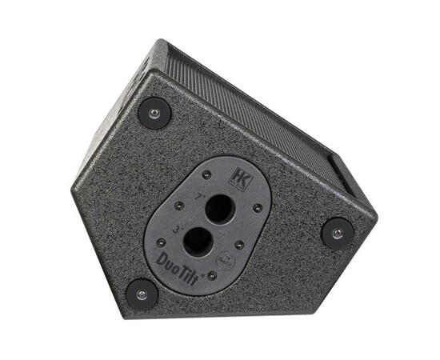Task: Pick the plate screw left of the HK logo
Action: pyautogui.click(x=206, y=174)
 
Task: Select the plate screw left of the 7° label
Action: pyautogui.click(x=178, y=206)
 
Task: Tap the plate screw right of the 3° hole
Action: pyautogui.click(x=239, y=244)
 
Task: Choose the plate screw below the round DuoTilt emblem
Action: pyautogui.click(x=211, y=276)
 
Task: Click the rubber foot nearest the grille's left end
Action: pyautogui.click(x=154, y=111)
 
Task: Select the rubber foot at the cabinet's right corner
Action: pyautogui.click(x=337, y=234)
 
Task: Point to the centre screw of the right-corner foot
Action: pyautogui.click(x=337, y=234)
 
